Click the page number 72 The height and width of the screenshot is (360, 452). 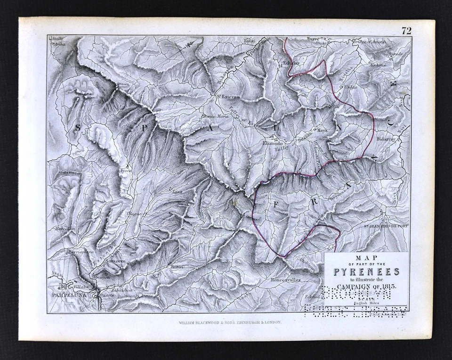(406, 31)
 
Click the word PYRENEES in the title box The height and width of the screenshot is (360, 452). (367, 272)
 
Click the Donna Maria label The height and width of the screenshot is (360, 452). (215, 116)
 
